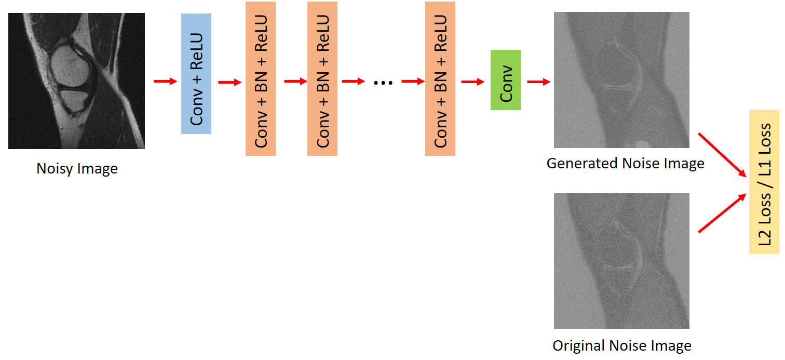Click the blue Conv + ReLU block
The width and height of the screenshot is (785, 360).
pyautogui.click(x=196, y=74)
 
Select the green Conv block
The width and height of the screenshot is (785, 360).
pyautogui.click(x=505, y=80)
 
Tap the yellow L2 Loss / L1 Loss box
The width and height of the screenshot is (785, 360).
pyautogui.click(x=764, y=182)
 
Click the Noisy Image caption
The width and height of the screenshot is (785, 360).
pyautogui.click(x=77, y=169)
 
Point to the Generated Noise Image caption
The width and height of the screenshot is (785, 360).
pyautogui.click(x=625, y=164)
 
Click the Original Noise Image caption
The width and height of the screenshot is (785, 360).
pyautogui.click(x=621, y=345)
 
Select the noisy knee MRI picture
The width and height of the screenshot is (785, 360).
pyautogui.click(x=76, y=81)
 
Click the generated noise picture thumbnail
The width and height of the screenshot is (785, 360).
pyautogui.click(x=621, y=80)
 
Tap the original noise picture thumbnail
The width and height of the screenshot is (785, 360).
pyautogui.click(x=621, y=261)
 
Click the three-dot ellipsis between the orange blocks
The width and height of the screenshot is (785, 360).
pyautogui.click(x=383, y=82)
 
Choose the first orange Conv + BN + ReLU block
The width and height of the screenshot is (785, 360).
pyautogui.click(x=260, y=78)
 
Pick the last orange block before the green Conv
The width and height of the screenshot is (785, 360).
pyautogui.click(x=440, y=78)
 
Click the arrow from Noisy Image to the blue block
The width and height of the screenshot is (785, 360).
pyautogui.click(x=166, y=82)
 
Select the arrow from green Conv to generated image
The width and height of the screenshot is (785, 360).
pyautogui.click(x=538, y=82)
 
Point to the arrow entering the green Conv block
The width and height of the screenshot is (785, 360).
pyautogui.click(x=472, y=82)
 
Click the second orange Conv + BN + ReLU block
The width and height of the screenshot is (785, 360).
pyautogui.click(x=322, y=78)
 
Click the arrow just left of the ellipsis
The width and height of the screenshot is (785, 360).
pyautogui.click(x=353, y=82)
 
